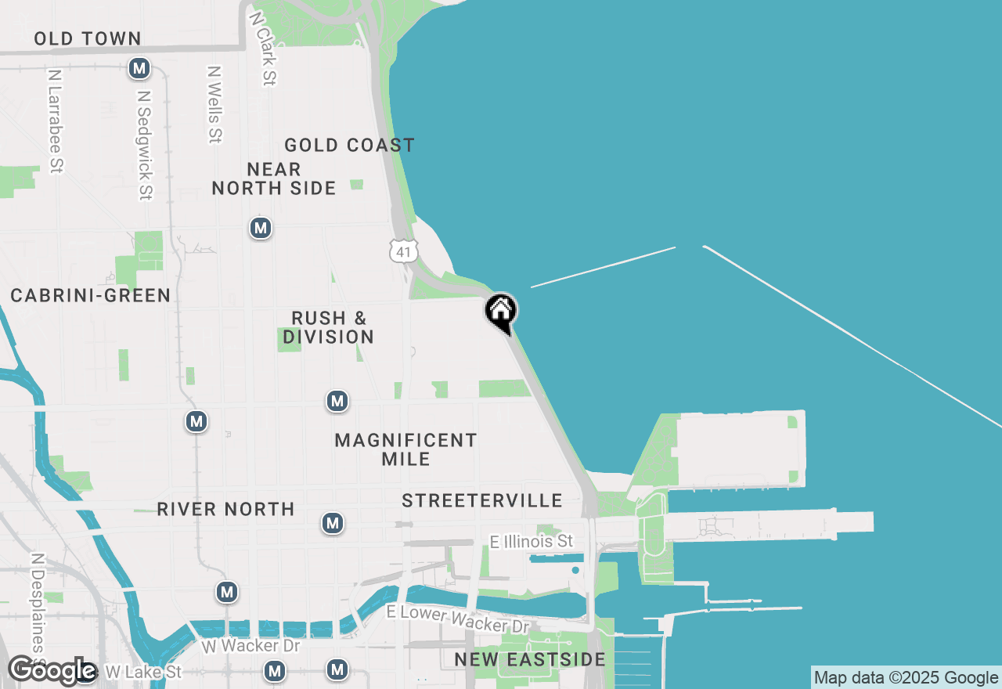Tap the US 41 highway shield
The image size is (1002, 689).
point(403,251)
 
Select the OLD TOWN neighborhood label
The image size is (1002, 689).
point(87,38)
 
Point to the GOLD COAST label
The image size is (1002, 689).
point(349,145)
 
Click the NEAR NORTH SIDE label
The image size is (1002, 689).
point(274,179)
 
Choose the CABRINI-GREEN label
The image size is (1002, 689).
point(91,295)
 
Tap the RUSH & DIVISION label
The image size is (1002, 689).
point(329,327)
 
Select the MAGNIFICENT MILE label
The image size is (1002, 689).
point(405,449)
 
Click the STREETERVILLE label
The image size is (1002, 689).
point(482,500)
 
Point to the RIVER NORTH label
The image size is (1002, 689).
point(225,509)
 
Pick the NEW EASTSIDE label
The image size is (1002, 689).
point(530,659)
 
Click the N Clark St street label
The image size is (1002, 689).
point(262,47)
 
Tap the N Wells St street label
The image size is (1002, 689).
point(214,103)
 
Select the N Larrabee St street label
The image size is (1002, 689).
point(55,121)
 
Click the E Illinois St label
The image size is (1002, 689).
point(532,541)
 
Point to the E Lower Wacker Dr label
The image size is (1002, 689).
point(459,619)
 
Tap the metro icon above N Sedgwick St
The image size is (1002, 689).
point(139,69)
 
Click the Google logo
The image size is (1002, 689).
point(52,671)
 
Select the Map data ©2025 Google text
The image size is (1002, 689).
point(906,678)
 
